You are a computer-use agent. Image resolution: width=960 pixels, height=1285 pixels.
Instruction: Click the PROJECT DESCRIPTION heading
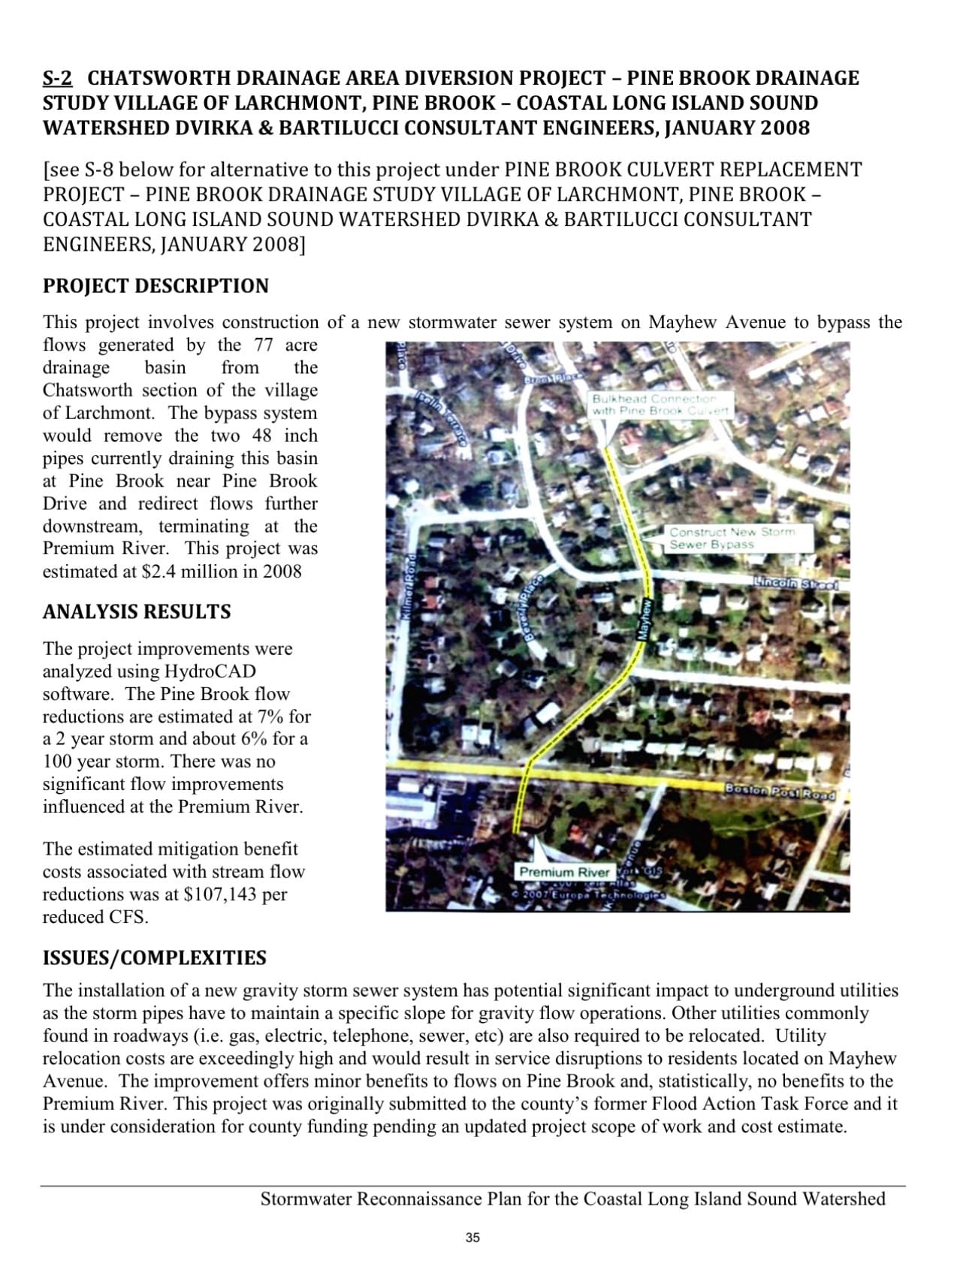(155, 286)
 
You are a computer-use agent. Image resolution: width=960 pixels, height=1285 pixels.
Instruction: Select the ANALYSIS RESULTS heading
(137, 611)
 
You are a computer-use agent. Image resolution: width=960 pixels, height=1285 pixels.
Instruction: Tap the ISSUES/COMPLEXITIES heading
(154, 958)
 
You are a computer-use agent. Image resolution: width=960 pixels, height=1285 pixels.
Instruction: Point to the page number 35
(472, 1238)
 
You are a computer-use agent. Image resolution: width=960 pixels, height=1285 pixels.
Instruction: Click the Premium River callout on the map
(565, 872)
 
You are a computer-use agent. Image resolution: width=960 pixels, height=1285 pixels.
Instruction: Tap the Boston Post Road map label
(780, 791)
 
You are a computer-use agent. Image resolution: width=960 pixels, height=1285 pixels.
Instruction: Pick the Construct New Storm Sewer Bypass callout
(731, 538)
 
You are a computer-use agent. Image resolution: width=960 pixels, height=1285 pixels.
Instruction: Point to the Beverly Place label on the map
(534, 607)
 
